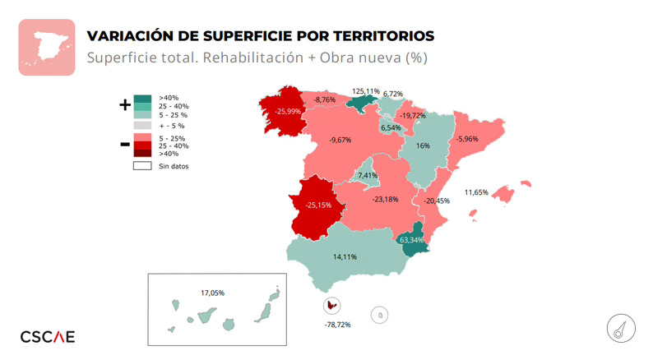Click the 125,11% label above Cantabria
(366, 90)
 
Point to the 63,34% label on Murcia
(410, 240)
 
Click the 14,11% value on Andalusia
(345, 256)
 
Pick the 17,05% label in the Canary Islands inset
(212, 293)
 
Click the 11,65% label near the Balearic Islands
(476, 192)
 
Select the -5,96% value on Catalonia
(466, 139)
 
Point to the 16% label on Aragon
(424, 145)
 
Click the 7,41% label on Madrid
(367, 175)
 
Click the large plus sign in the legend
(125, 104)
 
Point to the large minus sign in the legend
(125, 145)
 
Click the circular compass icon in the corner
(618, 327)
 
